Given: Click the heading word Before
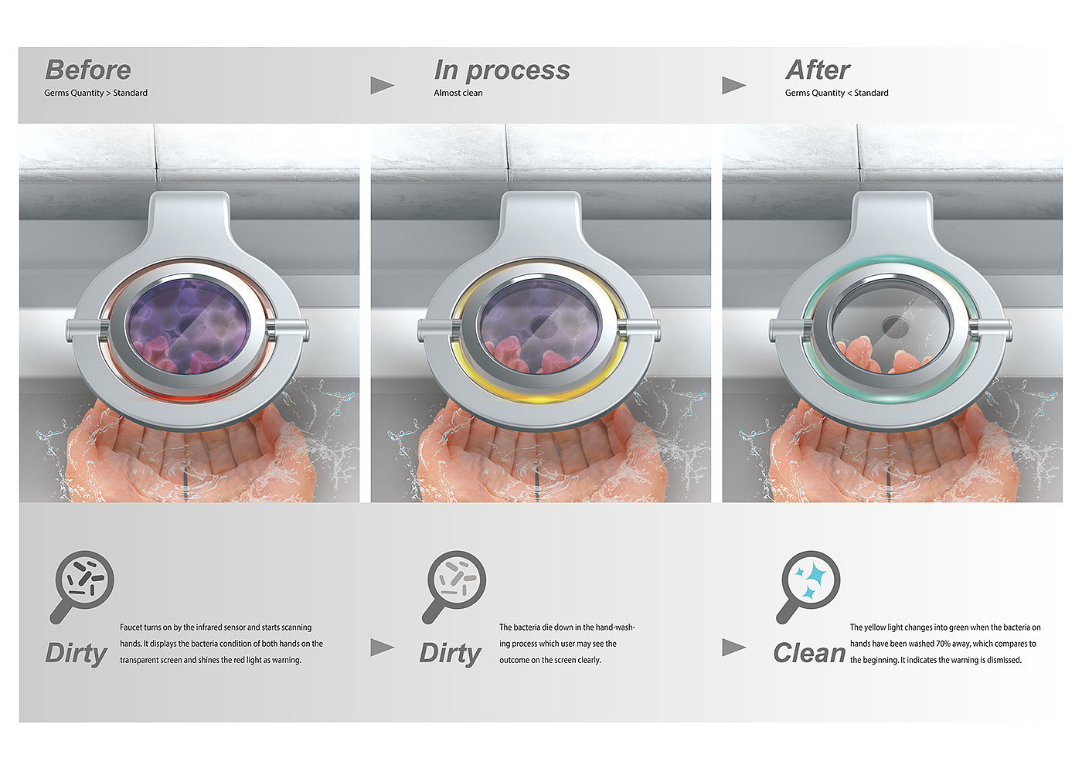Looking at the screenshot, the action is [x=88, y=70].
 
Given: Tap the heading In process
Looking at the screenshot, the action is [x=502, y=70].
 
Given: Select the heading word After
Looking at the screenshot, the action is [x=818, y=70].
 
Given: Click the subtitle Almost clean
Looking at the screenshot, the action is [x=458, y=93].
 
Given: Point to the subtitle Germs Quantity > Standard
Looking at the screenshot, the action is [x=96, y=93].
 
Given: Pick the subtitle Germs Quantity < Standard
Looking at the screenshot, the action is [x=836, y=93].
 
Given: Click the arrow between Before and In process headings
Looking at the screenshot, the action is [x=382, y=86].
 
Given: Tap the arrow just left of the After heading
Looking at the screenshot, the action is [x=733, y=86].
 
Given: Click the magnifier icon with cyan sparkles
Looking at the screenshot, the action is [x=808, y=586].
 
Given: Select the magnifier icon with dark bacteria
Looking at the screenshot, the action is [x=82, y=586].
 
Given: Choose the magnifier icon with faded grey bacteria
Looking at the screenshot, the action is [x=454, y=586].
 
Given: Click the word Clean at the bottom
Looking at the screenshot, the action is [x=809, y=653].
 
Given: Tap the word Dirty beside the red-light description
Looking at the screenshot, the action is [x=77, y=654].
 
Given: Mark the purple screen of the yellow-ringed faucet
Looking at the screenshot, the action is [x=540, y=326].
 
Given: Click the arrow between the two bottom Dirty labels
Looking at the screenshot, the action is [x=382, y=648].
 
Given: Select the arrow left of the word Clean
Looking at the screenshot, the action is [x=733, y=648].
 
